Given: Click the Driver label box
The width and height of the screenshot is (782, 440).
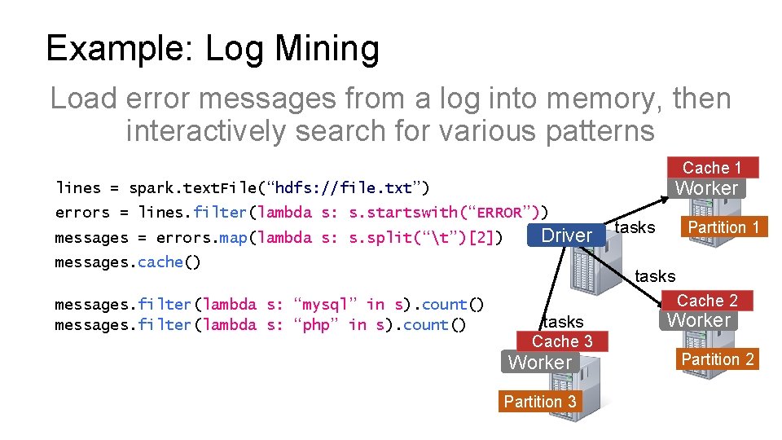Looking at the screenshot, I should [566, 235].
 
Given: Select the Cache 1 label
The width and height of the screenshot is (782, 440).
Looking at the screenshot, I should [711, 168].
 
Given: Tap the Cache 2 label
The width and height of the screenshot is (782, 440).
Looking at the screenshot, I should [707, 301].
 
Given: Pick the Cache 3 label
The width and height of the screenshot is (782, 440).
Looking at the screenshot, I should [562, 341].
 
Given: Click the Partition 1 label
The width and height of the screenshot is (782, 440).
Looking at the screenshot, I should [723, 227].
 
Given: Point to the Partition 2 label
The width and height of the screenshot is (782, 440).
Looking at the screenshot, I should [718, 359].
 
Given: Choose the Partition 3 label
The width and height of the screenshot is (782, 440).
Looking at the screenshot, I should [540, 401].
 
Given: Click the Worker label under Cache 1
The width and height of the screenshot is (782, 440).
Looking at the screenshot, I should [706, 188].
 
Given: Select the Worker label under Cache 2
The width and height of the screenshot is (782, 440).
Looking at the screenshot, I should [699, 320].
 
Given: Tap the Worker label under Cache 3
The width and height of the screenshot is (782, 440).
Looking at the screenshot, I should [540, 363].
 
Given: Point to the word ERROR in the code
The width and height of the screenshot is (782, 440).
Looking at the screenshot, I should [499, 213].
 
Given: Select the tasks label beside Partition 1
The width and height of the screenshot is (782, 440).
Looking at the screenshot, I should [635, 227].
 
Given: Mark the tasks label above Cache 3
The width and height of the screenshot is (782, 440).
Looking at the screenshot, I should [563, 322].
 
